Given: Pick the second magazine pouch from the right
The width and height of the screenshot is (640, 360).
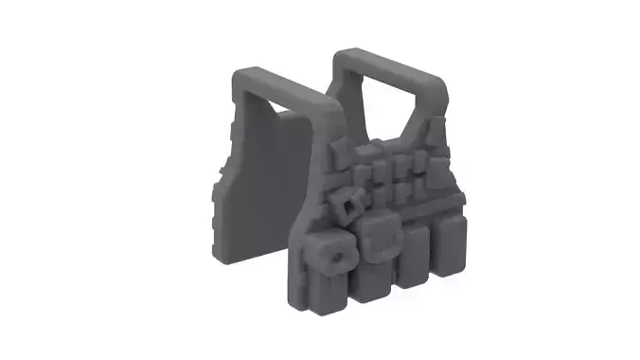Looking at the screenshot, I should pyautogui.click(x=413, y=256).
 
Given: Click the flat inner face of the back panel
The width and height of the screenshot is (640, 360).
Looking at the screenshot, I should pyautogui.click(x=265, y=180).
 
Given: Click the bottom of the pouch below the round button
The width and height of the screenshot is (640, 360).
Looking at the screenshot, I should pyautogui.click(x=333, y=289).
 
